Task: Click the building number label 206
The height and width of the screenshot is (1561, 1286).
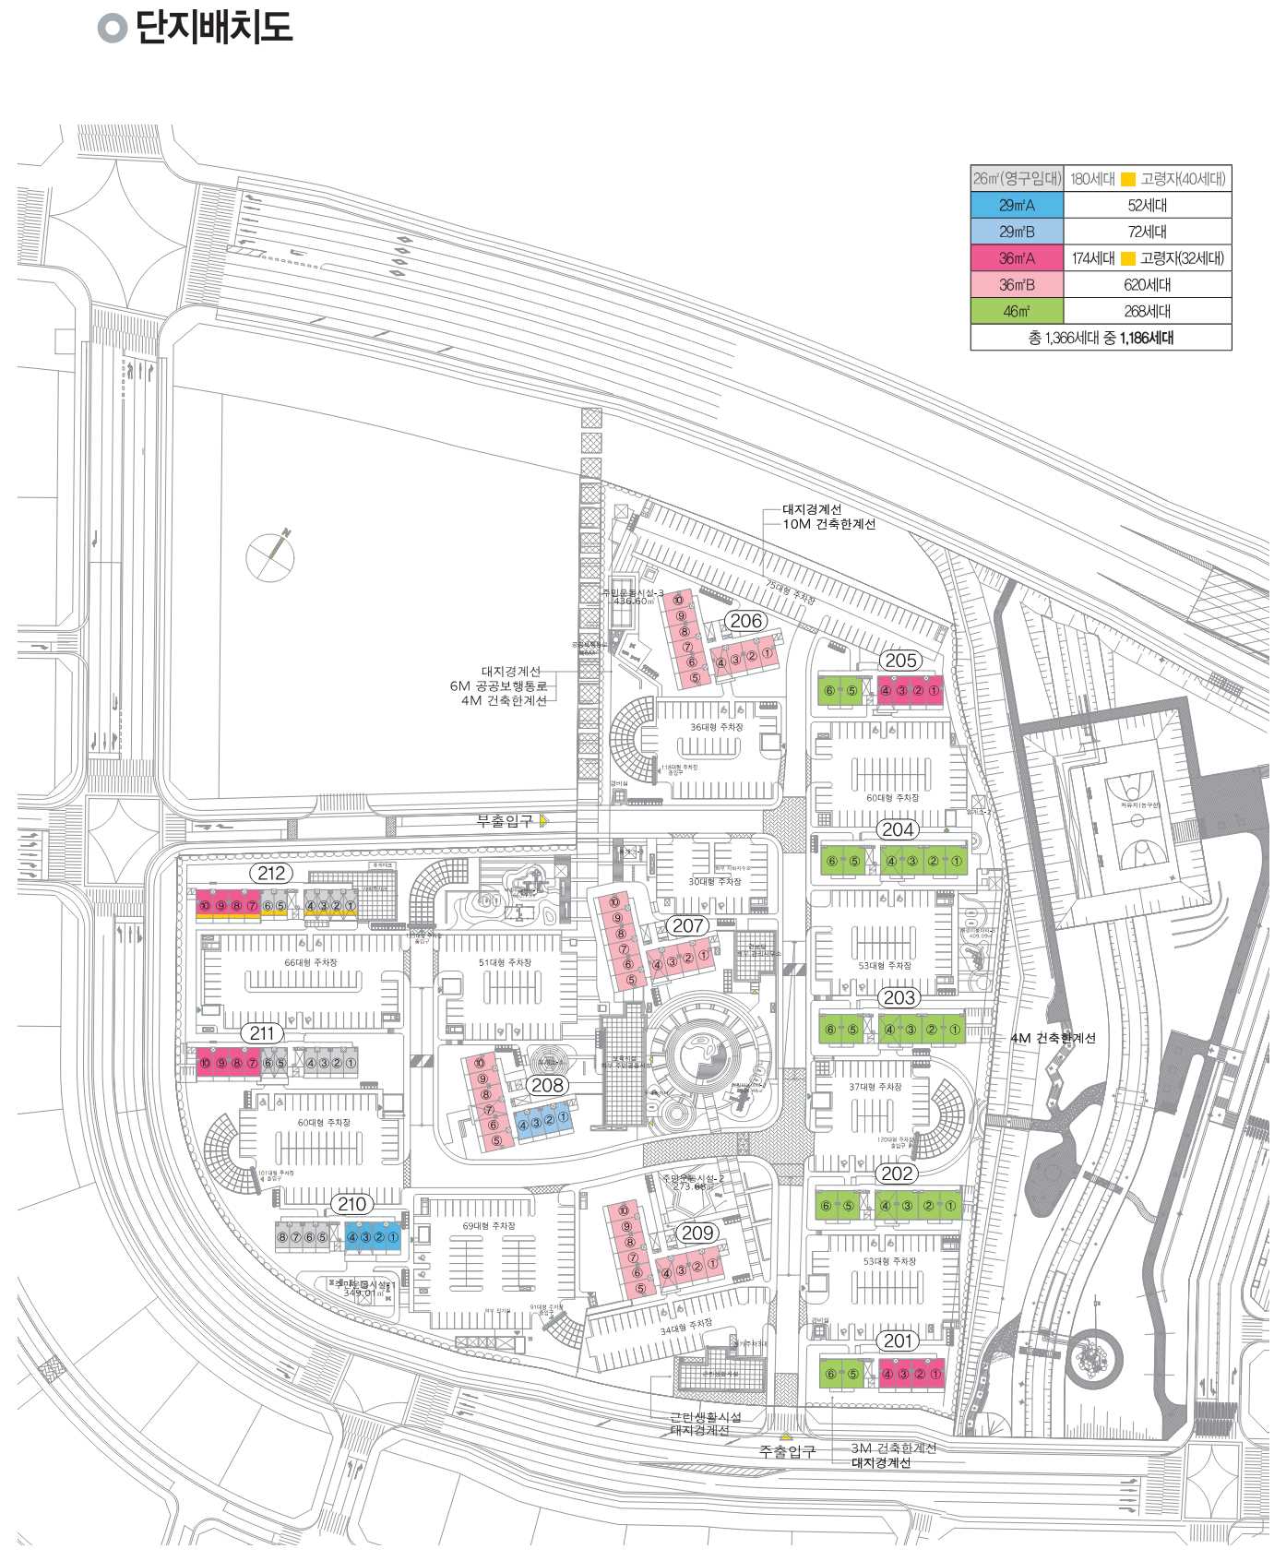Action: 745,621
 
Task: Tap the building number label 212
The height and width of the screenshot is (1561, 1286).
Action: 271,873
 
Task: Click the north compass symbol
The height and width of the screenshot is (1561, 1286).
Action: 271,556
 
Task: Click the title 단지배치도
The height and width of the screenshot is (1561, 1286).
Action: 213,27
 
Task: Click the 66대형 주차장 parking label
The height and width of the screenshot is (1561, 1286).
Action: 311,962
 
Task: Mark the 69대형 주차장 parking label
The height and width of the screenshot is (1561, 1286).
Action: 489,1226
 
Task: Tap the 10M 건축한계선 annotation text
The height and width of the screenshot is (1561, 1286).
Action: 828,524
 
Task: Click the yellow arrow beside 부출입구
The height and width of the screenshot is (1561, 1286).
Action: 544,820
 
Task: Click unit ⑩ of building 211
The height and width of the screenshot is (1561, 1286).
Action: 205,1063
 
